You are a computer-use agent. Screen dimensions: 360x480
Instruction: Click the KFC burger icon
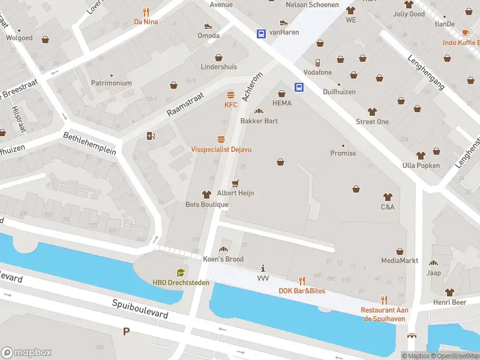[231, 95]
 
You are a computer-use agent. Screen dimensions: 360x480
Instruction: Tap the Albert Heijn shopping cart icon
[235, 183]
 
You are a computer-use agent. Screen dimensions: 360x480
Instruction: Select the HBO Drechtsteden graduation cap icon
[177, 273]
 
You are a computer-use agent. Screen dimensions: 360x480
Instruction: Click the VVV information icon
[263, 268]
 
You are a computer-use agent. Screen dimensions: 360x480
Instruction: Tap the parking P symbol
[126, 331]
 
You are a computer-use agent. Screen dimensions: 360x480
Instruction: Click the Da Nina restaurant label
[146, 22]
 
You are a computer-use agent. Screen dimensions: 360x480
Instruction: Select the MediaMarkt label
[399, 260]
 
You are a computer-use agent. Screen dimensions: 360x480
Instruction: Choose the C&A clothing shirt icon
[387, 197]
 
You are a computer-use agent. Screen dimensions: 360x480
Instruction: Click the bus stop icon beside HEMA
[299, 87]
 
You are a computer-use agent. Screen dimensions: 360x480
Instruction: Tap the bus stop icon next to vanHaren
[262, 34]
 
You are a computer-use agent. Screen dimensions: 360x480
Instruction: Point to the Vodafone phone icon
[317, 62]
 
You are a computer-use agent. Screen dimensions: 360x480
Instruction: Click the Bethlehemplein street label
[89, 143]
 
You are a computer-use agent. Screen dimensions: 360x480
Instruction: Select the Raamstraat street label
[185, 104]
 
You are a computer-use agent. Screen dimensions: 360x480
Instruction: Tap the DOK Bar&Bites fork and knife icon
[302, 280]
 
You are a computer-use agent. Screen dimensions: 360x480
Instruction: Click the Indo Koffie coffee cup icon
[466, 32]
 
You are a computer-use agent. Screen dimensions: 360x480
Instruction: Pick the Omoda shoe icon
[208, 26]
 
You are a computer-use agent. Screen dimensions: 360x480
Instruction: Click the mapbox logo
[26, 352]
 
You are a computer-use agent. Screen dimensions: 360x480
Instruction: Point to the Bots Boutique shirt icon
[206, 194]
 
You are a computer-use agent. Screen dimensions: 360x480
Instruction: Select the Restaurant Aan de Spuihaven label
[384, 314]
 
